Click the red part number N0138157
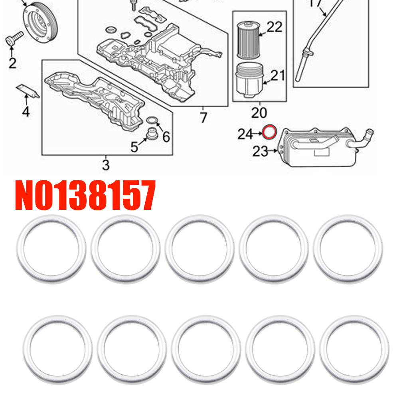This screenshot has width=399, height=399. pyautogui.click(x=85, y=195)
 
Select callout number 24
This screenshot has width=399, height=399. pyautogui.click(x=245, y=134)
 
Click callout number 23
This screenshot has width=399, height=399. pyautogui.click(x=260, y=152)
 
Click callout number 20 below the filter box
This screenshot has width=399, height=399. pyautogui.click(x=259, y=113)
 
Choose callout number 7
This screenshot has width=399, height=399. pyautogui.click(x=203, y=118)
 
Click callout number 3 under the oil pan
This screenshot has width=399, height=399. pyautogui.click(x=106, y=165)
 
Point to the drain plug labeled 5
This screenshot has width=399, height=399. pyautogui.click(x=152, y=134)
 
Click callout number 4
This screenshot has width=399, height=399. pyautogui.click(x=26, y=112)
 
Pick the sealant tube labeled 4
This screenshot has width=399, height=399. pyautogui.click(x=28, y=91)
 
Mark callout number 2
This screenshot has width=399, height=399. pyautogui.click(x=12, y=63)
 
